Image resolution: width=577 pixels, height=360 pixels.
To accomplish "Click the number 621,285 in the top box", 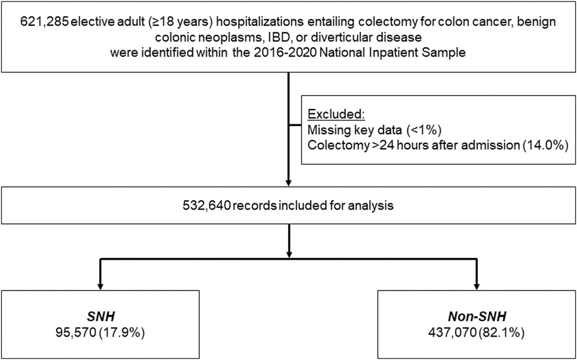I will (38, 23).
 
